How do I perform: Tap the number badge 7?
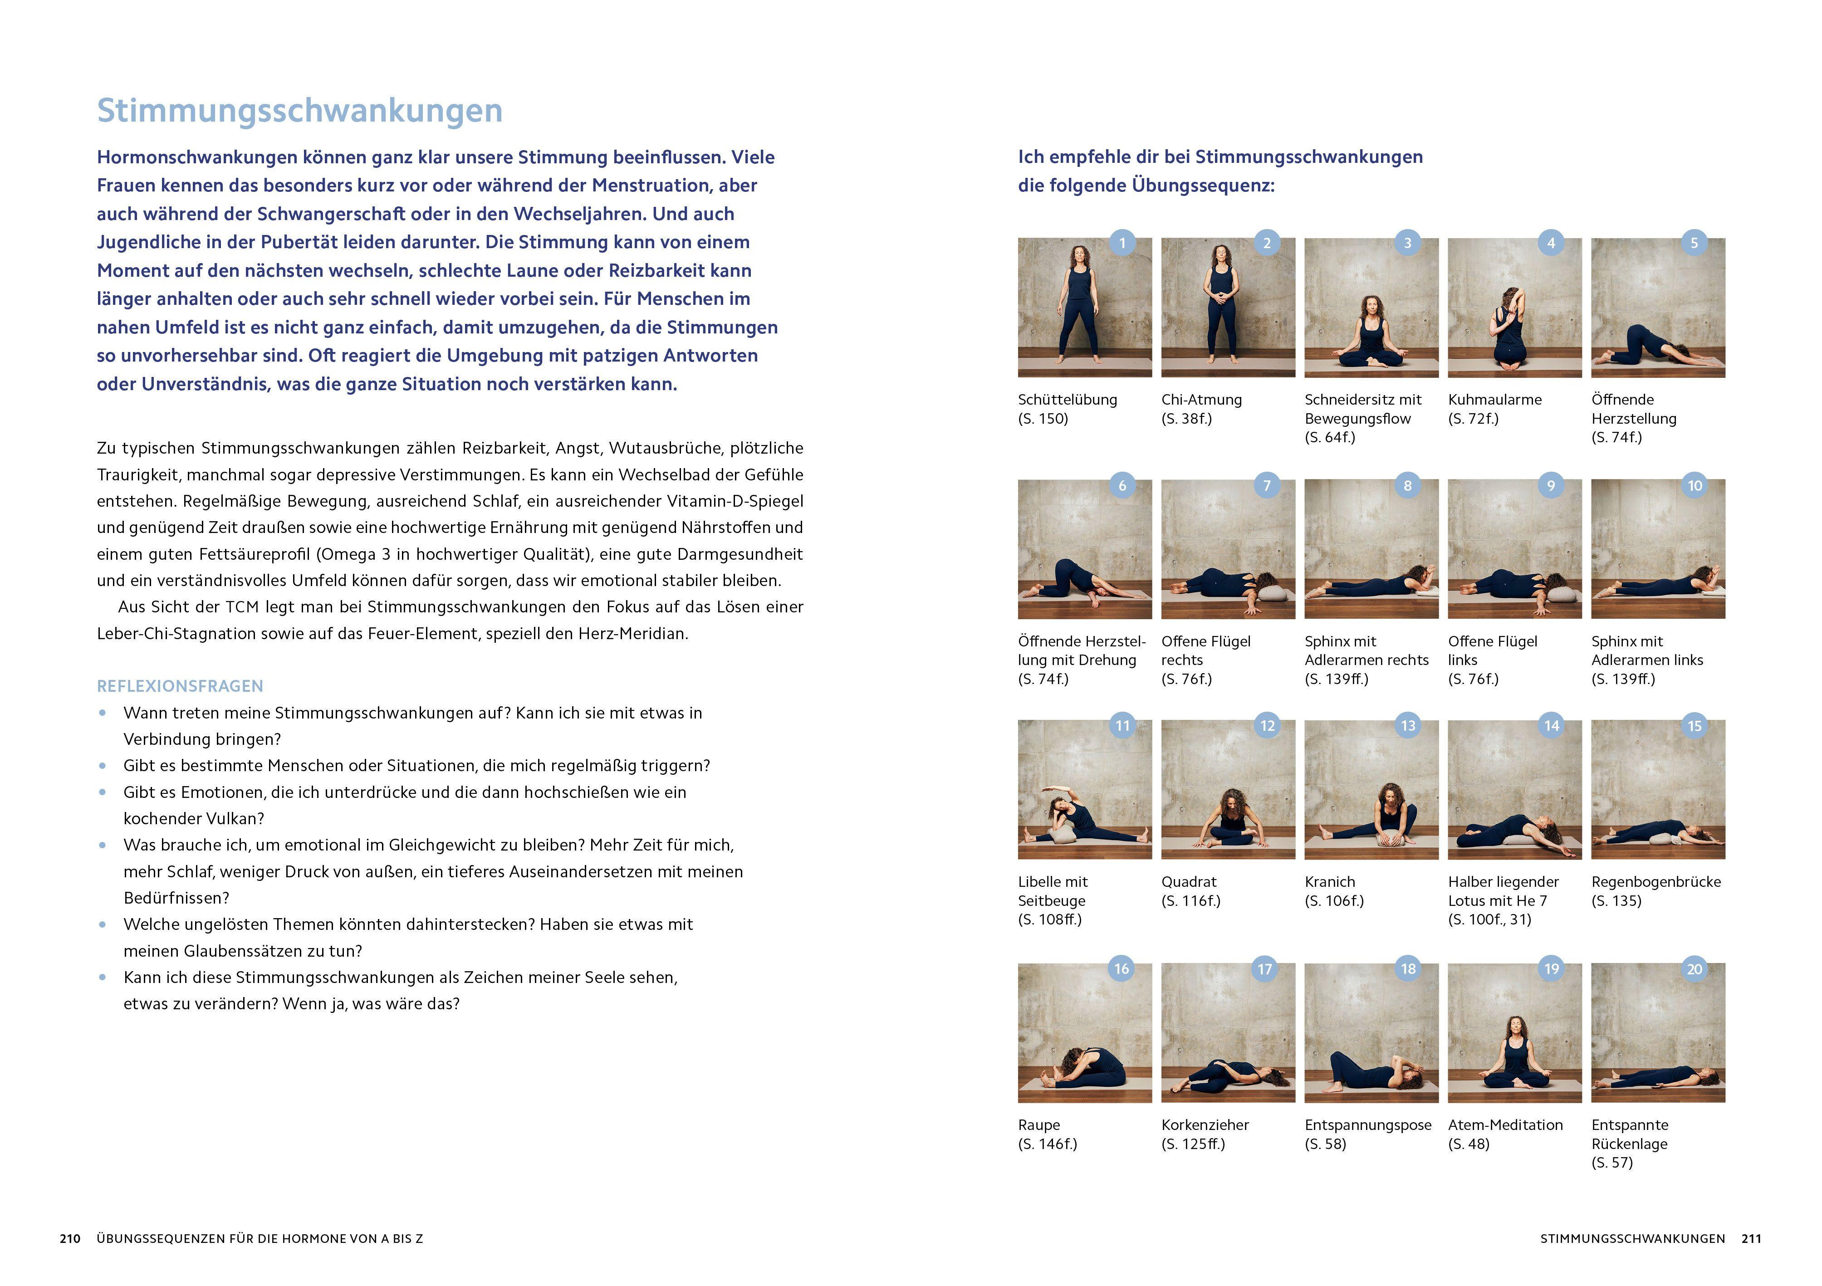(x=1267, y=485)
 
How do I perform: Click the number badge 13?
(x=1408, y=726)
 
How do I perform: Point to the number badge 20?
(x=1694, y=968)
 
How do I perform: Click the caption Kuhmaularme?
(x=1494, y=400)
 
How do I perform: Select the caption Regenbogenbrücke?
(x=1656, y=881)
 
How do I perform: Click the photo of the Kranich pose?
(x=1371, y=789)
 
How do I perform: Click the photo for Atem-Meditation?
(x=1514, y=1033)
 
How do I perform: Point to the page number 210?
(x=70, y=1238)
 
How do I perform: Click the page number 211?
(x=1751, y=1238)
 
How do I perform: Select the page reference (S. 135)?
(x=1616, y=900)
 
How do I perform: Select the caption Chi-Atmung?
(x=1201, y=400)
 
